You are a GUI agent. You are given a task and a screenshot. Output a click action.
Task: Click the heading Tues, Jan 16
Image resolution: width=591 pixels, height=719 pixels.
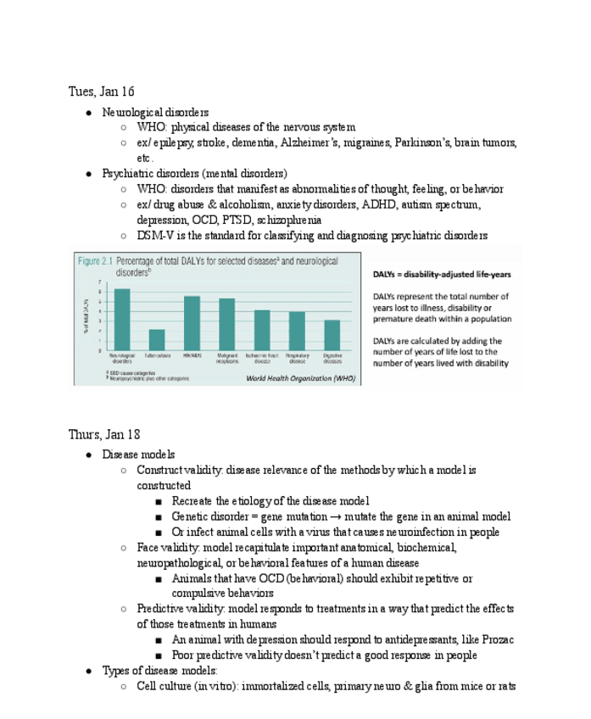pyautogui.click(x=101, y=92)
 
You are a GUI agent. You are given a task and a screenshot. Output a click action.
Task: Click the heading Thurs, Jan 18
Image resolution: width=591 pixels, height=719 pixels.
pyautogui.click(x=104, y=434)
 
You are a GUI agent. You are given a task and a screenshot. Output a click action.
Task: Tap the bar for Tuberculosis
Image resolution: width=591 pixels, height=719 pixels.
pyautogui.click(x=157, y=340)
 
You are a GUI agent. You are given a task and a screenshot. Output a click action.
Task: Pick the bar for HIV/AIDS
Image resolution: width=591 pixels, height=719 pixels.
pyautogui.click(x=192, y=323)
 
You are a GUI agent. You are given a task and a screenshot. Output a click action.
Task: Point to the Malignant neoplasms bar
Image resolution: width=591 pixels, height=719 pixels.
pyautogui.click(x=226, y=325)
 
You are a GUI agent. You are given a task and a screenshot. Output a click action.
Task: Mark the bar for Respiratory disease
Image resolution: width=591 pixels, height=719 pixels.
pyautogui.click(x=297, y=332)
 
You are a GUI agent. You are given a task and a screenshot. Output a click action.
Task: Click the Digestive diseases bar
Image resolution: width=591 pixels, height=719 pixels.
pyautogui.click(x=332, y=336)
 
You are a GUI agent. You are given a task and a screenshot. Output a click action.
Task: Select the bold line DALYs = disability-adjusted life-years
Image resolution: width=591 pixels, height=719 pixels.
pyautogui.click(x=442, y=275)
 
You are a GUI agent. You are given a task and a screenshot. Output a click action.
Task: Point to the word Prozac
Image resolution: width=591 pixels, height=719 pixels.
pyautogui.click(x=495, y=639)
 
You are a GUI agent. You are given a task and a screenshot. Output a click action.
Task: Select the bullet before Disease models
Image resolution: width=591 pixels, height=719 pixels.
pyautogui.click(x=89, y=455)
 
